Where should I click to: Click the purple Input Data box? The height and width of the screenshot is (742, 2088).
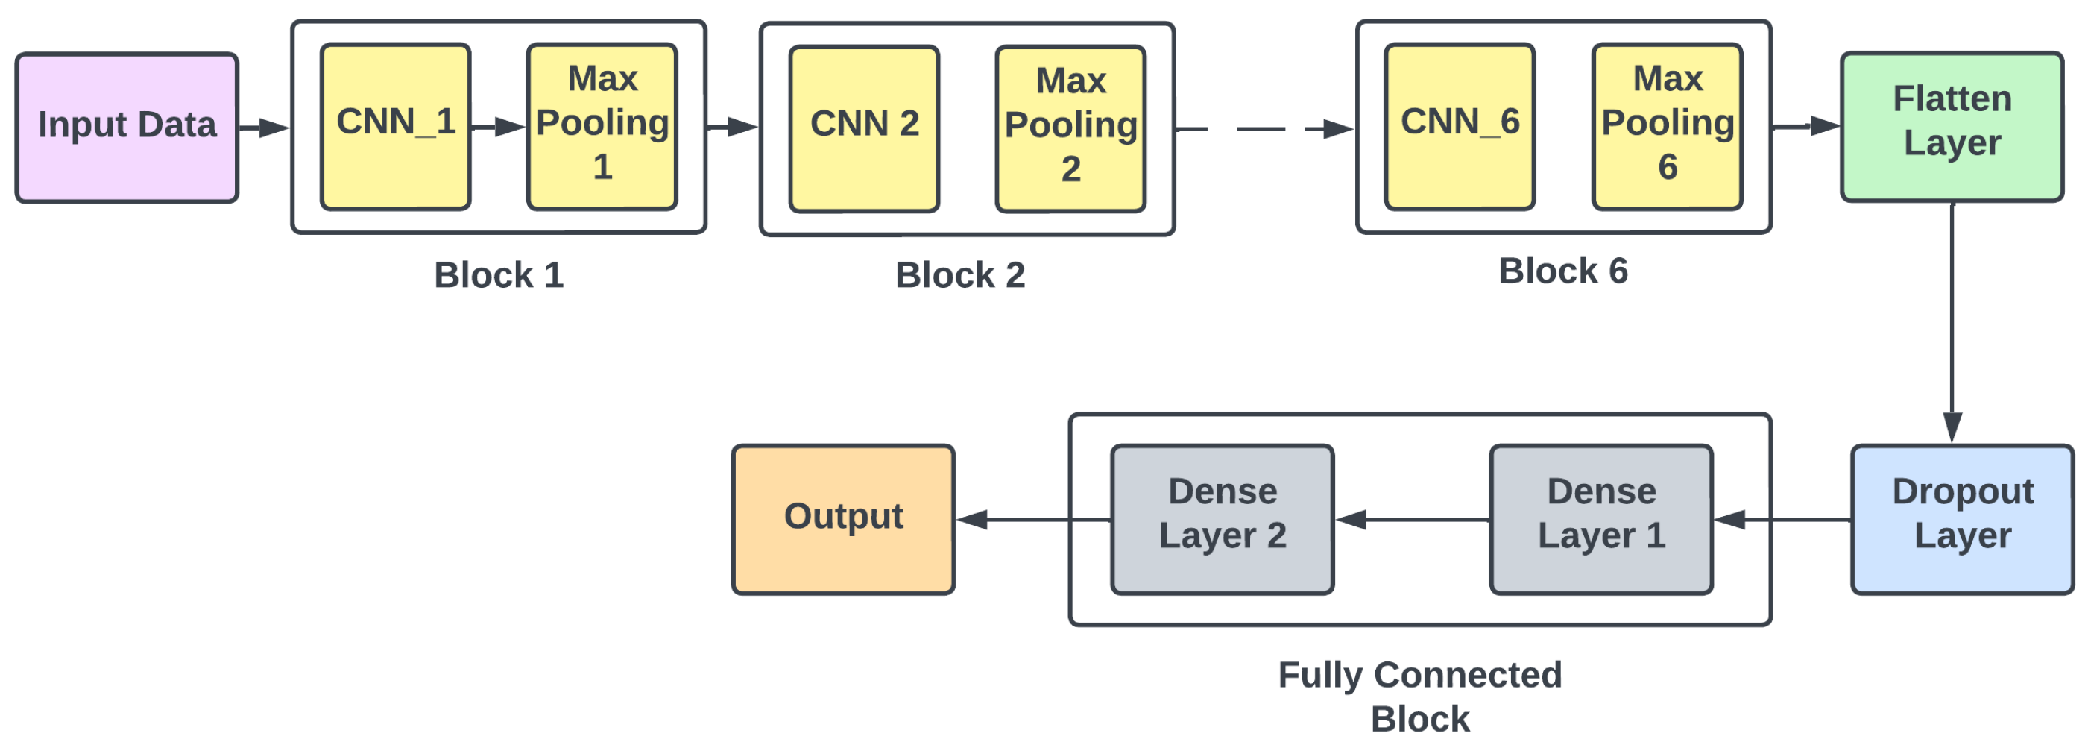(127, 128)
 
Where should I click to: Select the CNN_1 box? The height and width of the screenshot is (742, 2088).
(396, 128)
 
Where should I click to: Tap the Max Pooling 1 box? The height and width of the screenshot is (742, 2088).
(602, 128)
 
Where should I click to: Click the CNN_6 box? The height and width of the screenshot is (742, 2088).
(1460, 128)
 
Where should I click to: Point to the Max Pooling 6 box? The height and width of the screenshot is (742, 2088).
(1668, 128)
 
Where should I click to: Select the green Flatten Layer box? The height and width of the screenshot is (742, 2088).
(1952, 128)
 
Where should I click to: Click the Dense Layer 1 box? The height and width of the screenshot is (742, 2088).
(1602, 520)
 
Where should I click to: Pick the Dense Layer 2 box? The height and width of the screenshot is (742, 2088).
(1223, 520)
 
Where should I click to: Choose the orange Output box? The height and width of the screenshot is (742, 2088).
(843, 520)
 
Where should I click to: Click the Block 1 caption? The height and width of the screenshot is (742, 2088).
(499, 276)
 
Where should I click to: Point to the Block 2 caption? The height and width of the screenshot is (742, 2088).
(959, 276)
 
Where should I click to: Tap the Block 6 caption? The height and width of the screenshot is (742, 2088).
(1562, 271)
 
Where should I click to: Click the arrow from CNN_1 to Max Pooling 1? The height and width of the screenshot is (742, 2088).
(499, 128)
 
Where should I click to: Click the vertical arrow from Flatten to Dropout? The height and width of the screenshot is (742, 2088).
(1952, 323)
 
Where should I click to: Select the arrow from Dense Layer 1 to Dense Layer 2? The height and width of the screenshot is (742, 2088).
(1413, 520)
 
